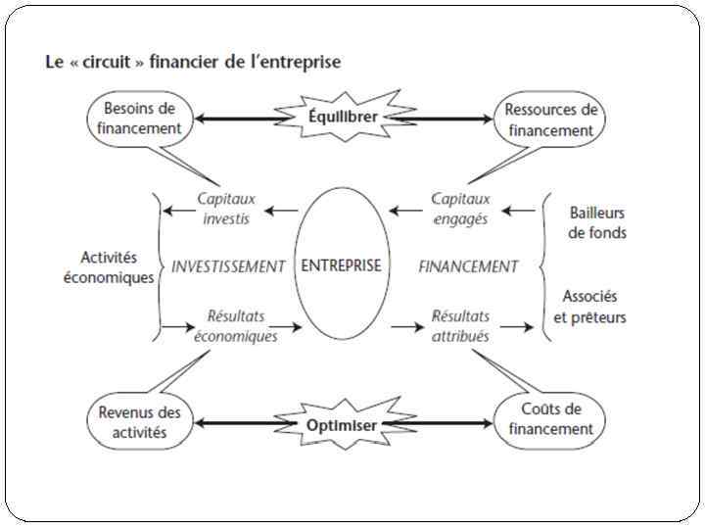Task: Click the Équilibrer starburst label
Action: [x=343, y=117]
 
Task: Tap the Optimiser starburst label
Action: [x=343, y=424]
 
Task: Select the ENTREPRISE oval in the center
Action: [x=342, y=265]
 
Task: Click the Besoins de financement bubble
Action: [x=139, y=119]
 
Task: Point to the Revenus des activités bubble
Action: [x=139, y=422]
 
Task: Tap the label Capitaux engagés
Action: [x=460, y=209]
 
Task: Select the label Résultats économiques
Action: [x=235, y=326]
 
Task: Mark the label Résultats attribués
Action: [x=460, y=326]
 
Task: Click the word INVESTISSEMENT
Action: [x=228, y=266]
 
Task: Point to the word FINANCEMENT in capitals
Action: [x=468, y=266]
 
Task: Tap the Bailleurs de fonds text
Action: [x=597, y=222]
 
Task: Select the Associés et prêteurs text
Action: [x=589, y=306]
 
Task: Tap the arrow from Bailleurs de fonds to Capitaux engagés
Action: [x=527, y=210]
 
